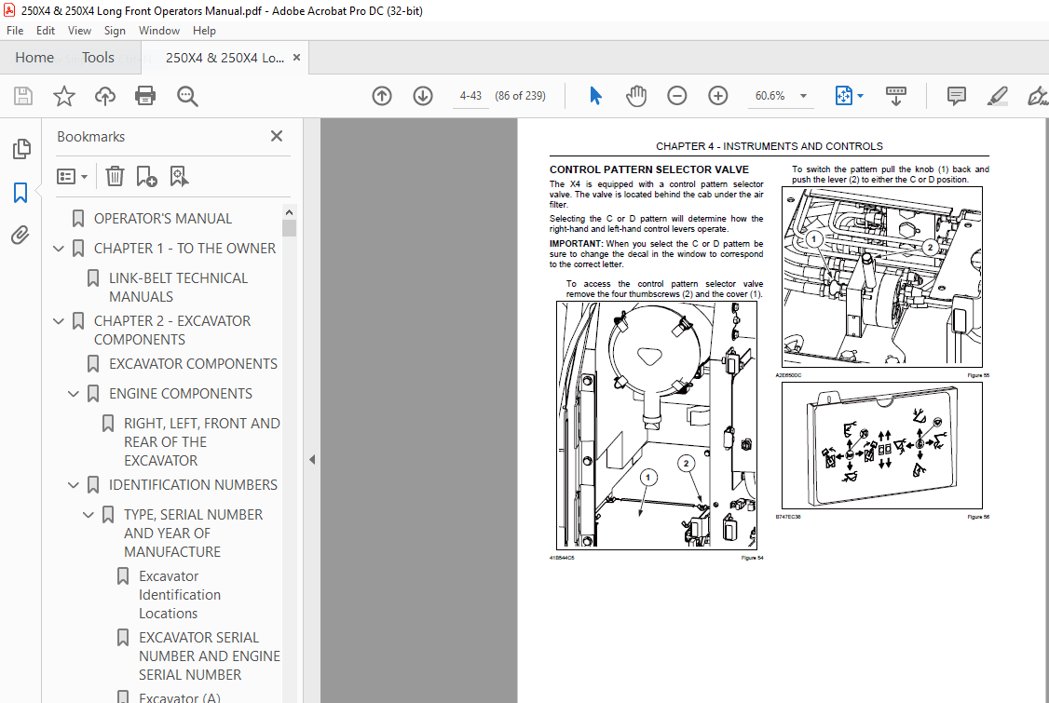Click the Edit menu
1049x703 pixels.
pyautogui.click(x=45, y=31)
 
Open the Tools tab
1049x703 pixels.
pyautogui.click(x=98, y=58)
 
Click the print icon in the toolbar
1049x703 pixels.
pyautogui.click(x=145, y=96)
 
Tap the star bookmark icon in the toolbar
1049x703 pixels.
pyautogui.click(x=63, y=96)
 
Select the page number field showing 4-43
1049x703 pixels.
pyautogui.click(x=470, y=96)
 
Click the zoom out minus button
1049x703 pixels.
pyautogui.click(x=677, y=96)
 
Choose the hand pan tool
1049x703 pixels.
pyautogui.click(x=636, y=96)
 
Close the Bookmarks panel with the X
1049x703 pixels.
pyautogui.click(x=277, y=136)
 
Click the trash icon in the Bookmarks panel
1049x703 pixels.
pyautogui.click(x=115, y=176)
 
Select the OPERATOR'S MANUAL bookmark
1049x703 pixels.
pyautogui.click(x=163, y=219)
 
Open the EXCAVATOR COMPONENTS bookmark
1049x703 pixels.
pyautogui.click(x=193, y=364)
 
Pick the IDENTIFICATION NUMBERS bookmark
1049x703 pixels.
pyautogui.click(x=193, y=485)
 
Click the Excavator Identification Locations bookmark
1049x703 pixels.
pyautogui.click(x=180, y=595)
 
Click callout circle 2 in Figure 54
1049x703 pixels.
pyautogui.click(x=687, y=463)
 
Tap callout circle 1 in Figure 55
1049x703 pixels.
pyautogui.click(x=812, y=239)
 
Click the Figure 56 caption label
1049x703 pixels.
pyautogui.click(x=977, y=517)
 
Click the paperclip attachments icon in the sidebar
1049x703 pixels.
pyautogui.click(x=20, y=236)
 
